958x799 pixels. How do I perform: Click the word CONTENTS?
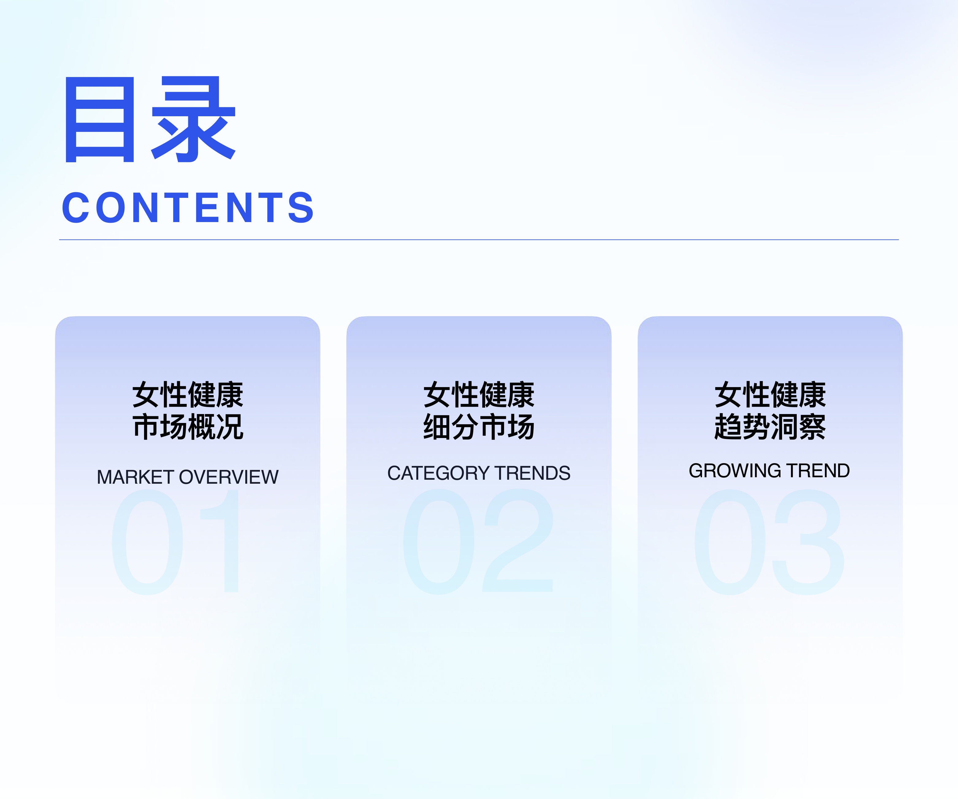pyautogui.click(x=188, y=208)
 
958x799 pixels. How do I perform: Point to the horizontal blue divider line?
pyautogui.click(x=479, y=240)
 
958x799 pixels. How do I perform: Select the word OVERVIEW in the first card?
pyautogui.click(x=229, y=477)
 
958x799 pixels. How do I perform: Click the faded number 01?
pyautogui.click(x=176, y=542)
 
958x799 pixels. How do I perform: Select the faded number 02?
pyautogui.click(x=478, y=542)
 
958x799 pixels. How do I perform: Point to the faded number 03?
pyautogui.click(x=769, y=542)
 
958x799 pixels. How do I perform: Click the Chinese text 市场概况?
pyautogui.click(x=188, y=427)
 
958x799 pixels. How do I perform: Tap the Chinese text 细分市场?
pyautogui.click(x=479, y=427)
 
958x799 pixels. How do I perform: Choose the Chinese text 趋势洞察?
pyautogui.click(x=770, y=427)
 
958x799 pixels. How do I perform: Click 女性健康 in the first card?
pyautogui.click(x=188, y=395)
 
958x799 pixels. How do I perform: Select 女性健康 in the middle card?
pyautogui.click(x=479, y=395)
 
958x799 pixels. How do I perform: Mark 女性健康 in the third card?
pyautogui.click(x=770, y=395)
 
